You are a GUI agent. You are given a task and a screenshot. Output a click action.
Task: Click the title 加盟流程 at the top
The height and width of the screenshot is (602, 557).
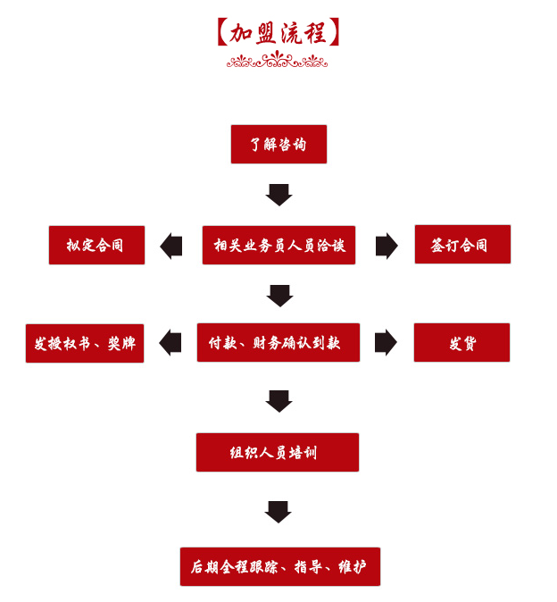click(278, 33)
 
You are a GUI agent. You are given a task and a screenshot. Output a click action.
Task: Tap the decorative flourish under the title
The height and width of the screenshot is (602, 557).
click(277, 61)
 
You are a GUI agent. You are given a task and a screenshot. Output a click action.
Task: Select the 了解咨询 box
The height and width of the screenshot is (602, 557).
click(278, 144)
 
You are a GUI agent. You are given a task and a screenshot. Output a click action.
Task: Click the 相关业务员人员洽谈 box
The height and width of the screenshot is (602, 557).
click(278, 245)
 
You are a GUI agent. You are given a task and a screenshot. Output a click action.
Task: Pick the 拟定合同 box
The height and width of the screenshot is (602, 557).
click(96, 245)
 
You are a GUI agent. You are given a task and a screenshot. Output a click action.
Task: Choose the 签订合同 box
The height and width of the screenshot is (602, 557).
click(462, 244)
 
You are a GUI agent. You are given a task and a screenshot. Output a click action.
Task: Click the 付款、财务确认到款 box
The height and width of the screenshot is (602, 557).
click(278, 342)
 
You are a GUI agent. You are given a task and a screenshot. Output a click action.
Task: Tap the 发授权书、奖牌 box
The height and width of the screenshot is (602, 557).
click(85, 343)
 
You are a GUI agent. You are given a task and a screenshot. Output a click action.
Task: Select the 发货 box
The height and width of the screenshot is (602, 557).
click(461, 342)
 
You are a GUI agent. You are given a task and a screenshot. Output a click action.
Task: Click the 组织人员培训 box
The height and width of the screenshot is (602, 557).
click(277, 452)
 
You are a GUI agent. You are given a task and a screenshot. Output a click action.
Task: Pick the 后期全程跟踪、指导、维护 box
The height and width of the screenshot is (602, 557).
click(279, 566)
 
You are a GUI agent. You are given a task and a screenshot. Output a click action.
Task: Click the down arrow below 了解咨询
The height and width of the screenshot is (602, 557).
click(278, 194)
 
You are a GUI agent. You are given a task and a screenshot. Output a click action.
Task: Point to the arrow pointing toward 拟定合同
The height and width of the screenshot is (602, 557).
click(171, 246)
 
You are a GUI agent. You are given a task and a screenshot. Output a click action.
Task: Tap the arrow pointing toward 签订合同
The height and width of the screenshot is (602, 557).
click(386, 246)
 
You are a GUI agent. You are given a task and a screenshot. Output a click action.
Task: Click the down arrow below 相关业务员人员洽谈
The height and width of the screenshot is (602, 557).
click(279, 295)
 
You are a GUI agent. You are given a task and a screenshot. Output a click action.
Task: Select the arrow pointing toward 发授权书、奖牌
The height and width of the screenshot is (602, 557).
click(170, 342)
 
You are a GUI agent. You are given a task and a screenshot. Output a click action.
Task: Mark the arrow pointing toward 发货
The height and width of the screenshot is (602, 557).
click(385, 342)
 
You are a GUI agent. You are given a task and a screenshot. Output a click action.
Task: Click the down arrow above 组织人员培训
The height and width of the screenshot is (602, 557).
click(278, 401)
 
